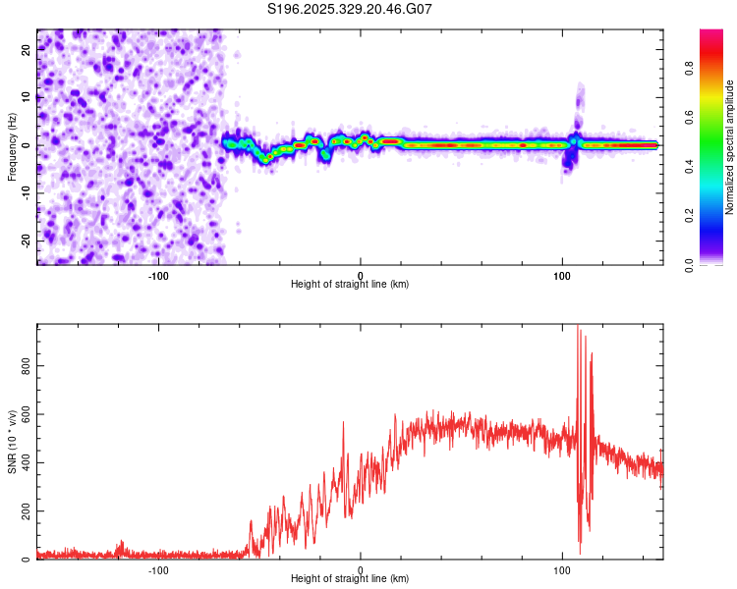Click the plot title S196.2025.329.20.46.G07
tap(351, 9)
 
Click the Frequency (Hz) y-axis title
tap(12, 146)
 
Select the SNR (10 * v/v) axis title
tap(12, 443)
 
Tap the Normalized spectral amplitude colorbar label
tap(730, 147)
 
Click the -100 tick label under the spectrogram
tap(158, 274)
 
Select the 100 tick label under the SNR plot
tap(562, 569)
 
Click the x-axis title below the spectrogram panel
tap(350, 285)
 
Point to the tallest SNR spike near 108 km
tap(578, 329)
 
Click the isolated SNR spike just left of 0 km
tap(343, 423)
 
